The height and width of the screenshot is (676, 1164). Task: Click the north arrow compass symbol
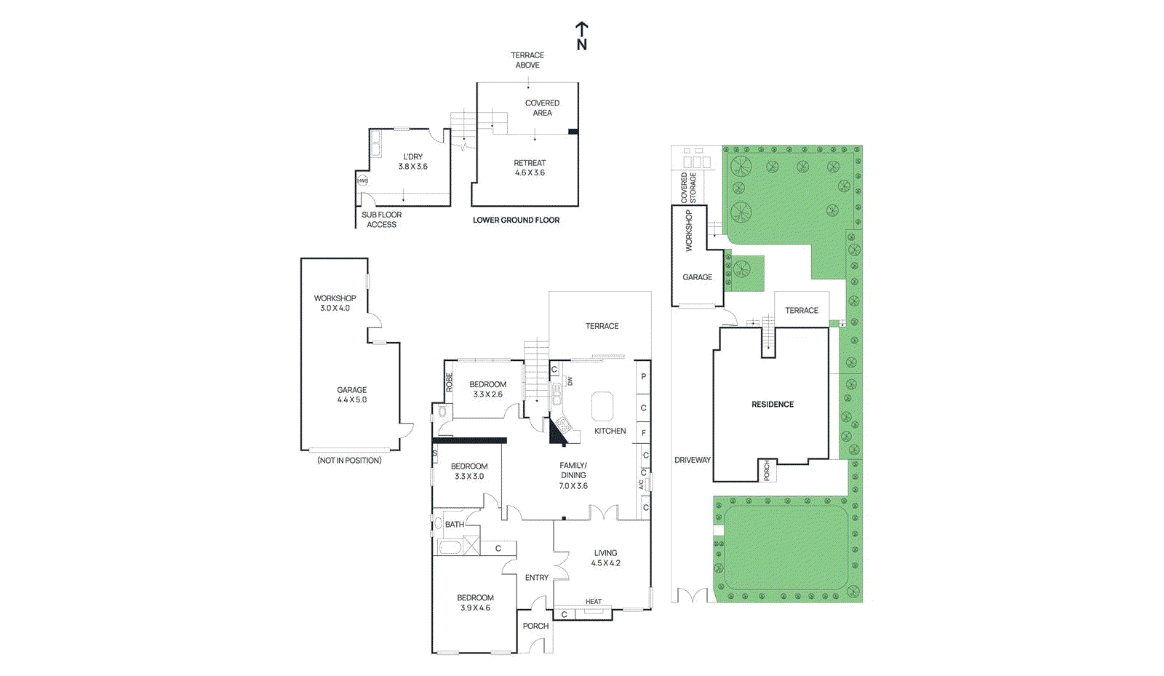point(581,36)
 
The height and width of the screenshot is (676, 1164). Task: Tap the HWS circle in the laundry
point(362,180)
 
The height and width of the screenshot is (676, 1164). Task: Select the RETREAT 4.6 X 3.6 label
point(530,168)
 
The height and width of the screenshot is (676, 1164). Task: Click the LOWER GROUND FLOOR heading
point(516,220)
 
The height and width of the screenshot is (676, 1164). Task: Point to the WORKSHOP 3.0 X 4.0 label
point(335,303)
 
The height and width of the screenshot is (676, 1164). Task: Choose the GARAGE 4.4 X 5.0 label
point(351,394)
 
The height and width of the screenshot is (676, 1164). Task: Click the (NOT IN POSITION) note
point(349,461)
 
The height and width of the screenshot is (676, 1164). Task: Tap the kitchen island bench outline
point(602,406)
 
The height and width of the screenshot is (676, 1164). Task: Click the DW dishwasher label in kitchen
point(570,381)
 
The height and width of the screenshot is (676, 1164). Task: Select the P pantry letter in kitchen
point(643,377)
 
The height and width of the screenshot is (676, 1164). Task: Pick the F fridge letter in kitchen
point(643,433)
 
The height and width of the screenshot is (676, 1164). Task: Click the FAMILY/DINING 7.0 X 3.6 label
point(573,475)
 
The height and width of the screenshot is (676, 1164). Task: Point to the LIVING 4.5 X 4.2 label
point(605,558)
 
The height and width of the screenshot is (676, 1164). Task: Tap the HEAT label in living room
point(594,602)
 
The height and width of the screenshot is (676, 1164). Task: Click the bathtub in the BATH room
point(450,546)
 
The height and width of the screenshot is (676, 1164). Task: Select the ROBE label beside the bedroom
point(449,382)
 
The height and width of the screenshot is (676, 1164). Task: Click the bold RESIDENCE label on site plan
point(773,405)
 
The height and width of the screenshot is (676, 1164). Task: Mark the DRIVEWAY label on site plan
point(692,460)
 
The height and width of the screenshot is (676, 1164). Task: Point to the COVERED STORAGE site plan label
point(688,188)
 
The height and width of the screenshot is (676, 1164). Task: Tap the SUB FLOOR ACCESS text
point(381,220)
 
